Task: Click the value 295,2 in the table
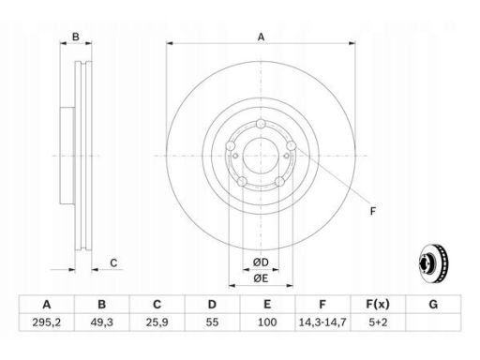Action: pyautogui.click(x=47, y=322)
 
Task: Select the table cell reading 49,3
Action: pyautogui.click(x=102, y=322)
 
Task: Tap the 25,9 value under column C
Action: pyautogui.click(x=157, y=322)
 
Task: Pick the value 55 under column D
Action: pyautogui.click(x=212, y=322)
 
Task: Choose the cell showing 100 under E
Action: pyautogui.click(x=267, y=322)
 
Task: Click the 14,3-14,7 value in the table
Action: pyautogui.click(x=322, y=322)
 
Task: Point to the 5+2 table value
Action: pyautogui.click(x=378, y=322)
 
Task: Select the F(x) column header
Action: pyautogui.click(x=378, y=304)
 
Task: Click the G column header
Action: pyautogui.click(x=433, y=304)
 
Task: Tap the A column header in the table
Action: pyautogui.click(x=47, y=304)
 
